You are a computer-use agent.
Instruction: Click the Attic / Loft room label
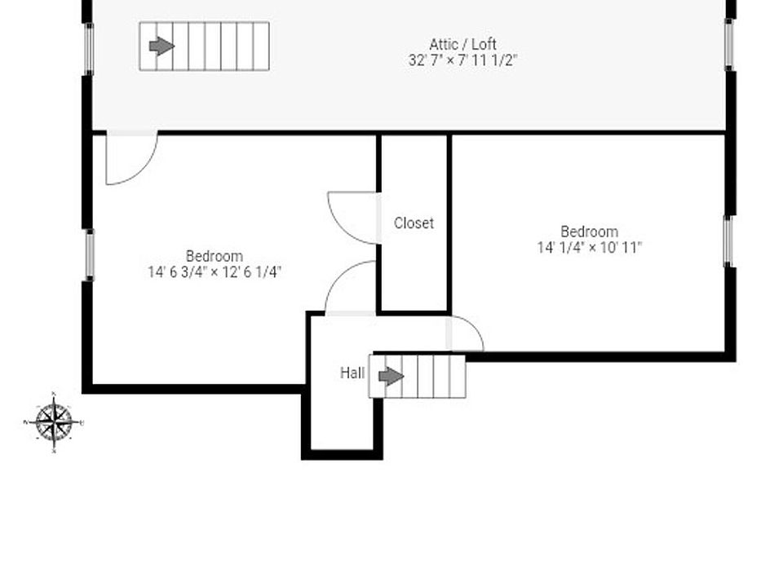(x=462, y=44)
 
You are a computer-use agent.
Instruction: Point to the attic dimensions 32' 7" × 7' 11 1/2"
(x=462, y=60)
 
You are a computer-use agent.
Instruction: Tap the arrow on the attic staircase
(x=161, y=46)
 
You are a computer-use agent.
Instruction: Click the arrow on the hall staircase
(x=391, y=377)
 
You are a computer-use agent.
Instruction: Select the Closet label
(x=414, y=223)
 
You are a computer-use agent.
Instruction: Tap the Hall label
(x=352, y=373)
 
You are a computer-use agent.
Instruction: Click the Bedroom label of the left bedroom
(x=214, y=256)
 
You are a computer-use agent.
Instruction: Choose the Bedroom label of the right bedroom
(x=589, y=232)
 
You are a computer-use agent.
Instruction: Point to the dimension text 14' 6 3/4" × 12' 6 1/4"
(x=214, y=272)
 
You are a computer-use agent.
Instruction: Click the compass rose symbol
(x=54, y=422)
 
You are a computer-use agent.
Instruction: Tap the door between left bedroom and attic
(x=130, y=157)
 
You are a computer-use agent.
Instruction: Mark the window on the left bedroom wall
(x=89, y=255)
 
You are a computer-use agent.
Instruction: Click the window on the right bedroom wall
(x=730, y=241)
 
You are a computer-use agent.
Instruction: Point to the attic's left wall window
(x=89, y=49)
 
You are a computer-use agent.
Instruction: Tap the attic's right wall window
(x=731, y=44)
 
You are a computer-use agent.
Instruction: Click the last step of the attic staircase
(x=261, y=46)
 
